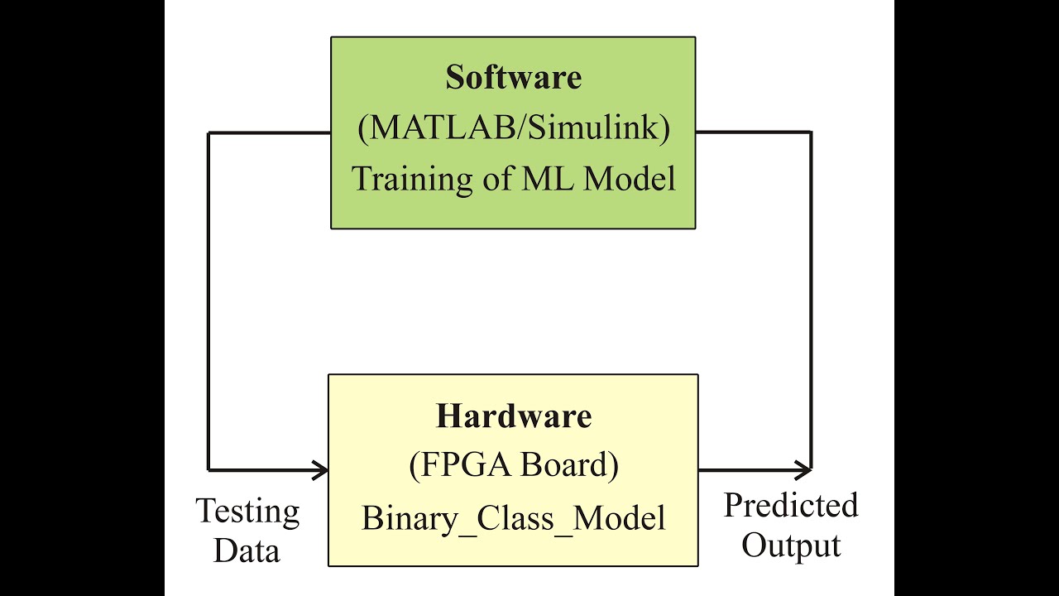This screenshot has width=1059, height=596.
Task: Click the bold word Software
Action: (513, 78)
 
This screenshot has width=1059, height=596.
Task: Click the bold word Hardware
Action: (514, 416)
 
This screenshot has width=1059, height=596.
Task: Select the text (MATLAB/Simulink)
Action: (513, 128)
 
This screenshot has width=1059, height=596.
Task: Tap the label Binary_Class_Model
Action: (513, 518)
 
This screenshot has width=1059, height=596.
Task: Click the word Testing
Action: (247, 512)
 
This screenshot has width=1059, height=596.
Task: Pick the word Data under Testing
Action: (247, 550)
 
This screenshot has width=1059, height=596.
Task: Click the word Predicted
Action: (791, 505)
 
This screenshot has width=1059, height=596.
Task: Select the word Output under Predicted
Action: (791, 545)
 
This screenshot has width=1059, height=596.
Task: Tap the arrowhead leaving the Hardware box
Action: (803, 470)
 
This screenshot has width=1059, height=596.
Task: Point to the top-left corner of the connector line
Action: (208, 132)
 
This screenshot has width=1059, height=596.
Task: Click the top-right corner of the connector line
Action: (811, 132)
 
